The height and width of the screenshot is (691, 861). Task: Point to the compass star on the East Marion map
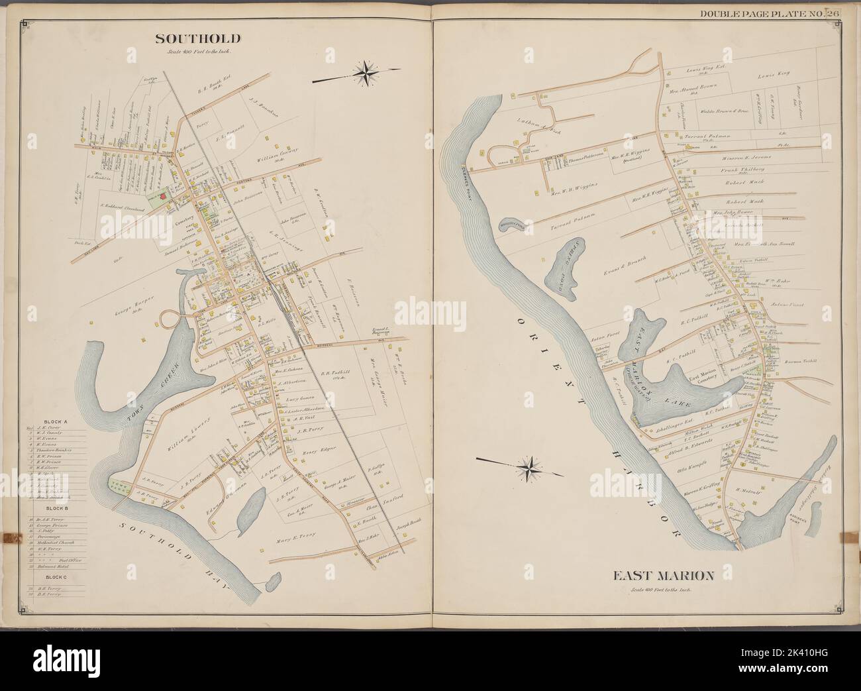[x=531, y=468]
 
